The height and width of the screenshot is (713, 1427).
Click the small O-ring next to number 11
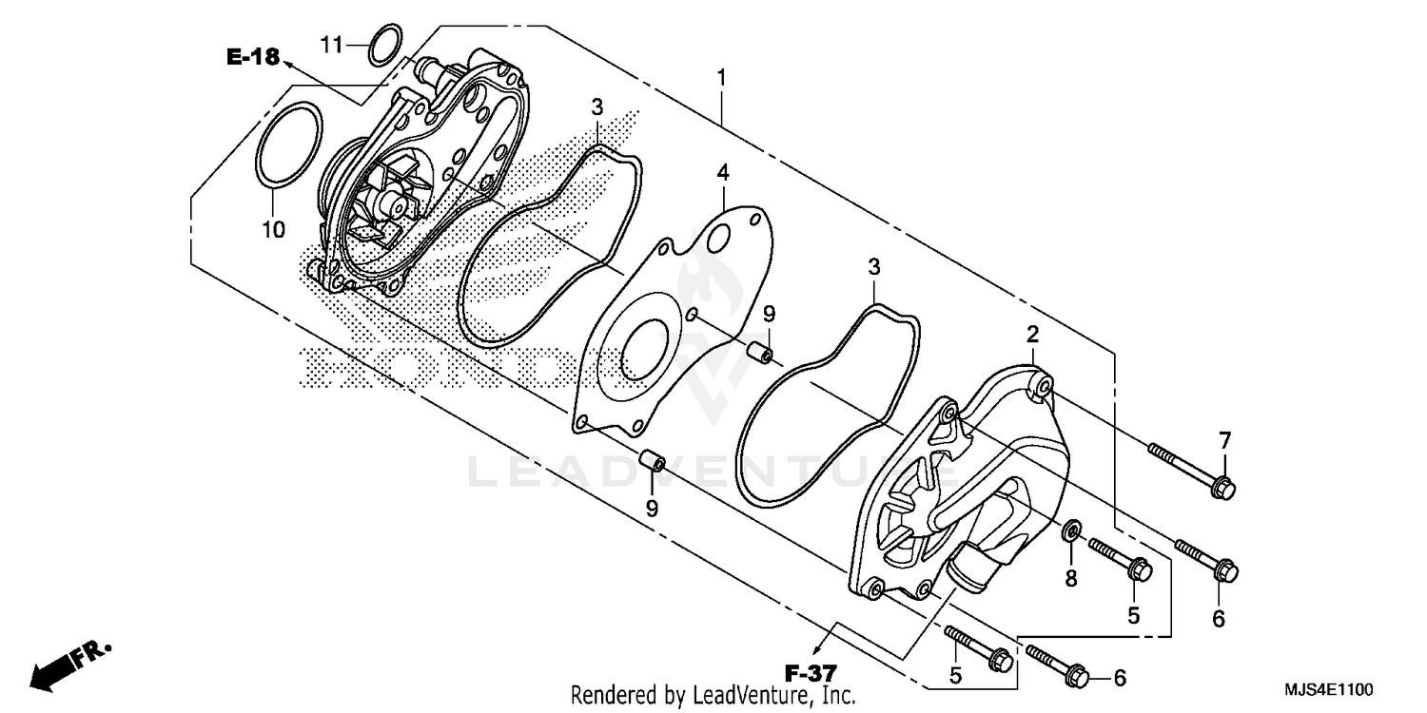coord(382,46)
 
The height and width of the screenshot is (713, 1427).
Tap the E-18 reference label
coord(252,58)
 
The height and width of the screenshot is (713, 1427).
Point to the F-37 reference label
coord(811,674)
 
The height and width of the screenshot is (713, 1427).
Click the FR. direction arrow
coord(67,664)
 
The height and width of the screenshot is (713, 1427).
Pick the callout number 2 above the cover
coord(1032,334)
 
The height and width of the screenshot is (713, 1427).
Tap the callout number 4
coord(723,173)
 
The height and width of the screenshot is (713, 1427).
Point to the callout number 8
coord(1070,578)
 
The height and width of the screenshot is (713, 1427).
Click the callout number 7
coord(1224,440)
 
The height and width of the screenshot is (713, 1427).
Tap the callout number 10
coord(273,229)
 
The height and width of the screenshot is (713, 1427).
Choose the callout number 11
coord(330,45)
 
